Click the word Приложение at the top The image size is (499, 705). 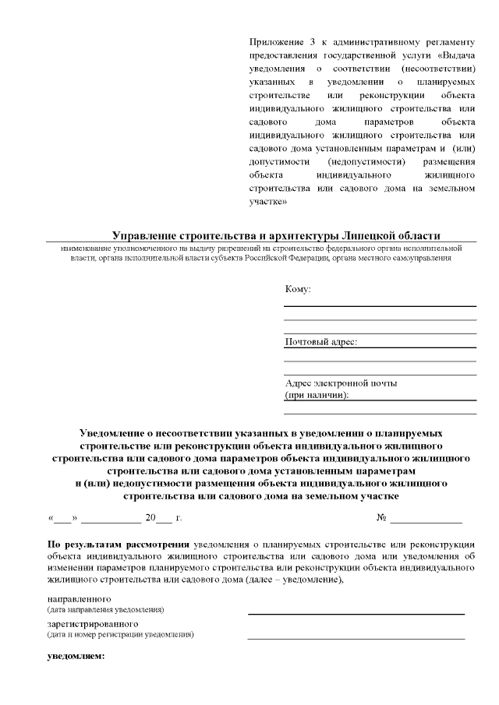point(272,41)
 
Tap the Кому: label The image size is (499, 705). point(298,289)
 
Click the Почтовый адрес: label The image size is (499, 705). point(320,342)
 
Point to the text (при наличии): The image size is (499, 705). point(317,395)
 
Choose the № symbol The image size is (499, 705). point(382,517)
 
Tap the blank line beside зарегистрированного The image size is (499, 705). point(356,638)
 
